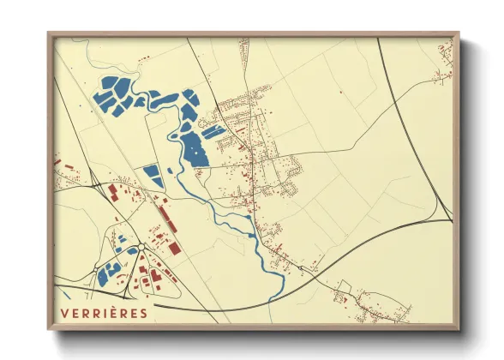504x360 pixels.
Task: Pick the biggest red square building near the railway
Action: pyautogui.click(x=174, y=248)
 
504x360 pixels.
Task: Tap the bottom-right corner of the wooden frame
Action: pyautogui.click(x=459, y=329)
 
